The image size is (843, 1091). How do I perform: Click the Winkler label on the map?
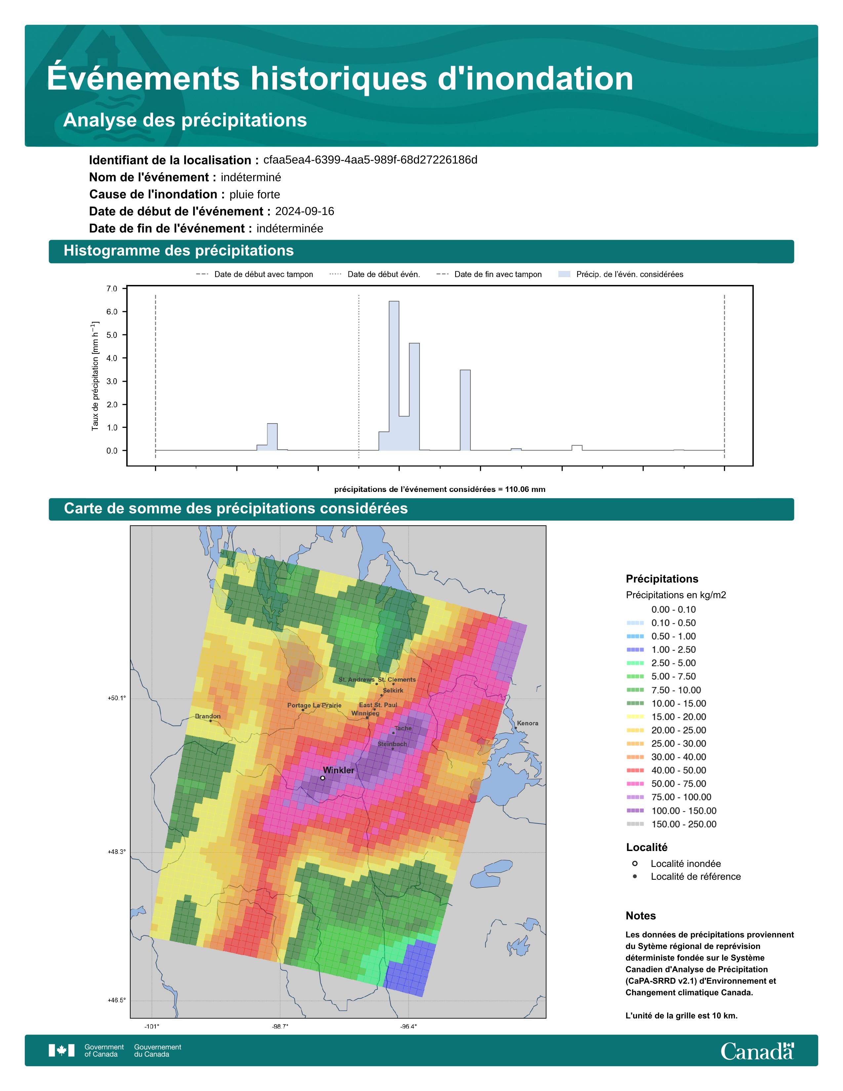coord(339,770)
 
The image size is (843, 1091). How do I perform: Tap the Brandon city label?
coord(208,716)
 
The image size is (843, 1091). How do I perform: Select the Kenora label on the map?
coord(528,723)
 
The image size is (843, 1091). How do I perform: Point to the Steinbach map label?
coord(392,744)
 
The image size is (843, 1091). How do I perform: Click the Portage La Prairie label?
coord(315,706)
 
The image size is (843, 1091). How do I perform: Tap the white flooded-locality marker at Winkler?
coord(323,778)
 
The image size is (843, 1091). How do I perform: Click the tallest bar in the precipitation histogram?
coord(394,376)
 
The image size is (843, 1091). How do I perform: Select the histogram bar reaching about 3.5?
coord(465,410)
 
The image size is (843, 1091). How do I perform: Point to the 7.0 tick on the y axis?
coord(112,289)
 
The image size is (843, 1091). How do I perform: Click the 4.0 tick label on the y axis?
coord(112,358)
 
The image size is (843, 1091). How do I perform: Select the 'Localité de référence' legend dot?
coord(635,877)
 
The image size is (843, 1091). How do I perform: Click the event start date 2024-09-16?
coord(305,211)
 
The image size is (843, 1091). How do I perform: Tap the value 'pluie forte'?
coord(255,194)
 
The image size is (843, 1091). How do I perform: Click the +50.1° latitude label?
coord(117,698)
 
